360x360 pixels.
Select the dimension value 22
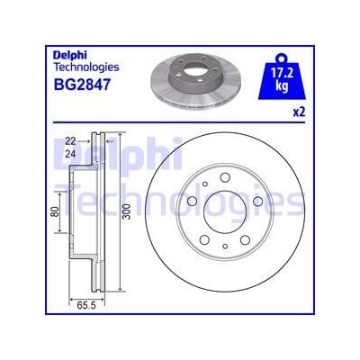click(70, 140)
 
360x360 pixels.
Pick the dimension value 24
click(70, 152)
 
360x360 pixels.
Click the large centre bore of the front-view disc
click(223, 211)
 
